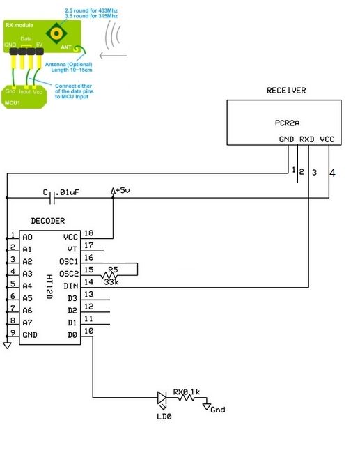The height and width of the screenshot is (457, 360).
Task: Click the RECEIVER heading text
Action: click(286, 91)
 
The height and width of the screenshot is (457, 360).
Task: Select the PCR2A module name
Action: click(287, 123)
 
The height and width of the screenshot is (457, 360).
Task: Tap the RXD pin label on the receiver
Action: click(308, 139)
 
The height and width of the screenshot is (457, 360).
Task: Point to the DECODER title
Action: click(48, 221)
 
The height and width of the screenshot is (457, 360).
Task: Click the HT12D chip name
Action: click(49, 286)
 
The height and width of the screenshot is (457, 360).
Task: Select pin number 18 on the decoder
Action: click(88, 233)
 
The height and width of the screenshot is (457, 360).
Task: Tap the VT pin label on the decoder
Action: click(72, 249)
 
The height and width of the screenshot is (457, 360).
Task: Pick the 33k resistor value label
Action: click(111, 282)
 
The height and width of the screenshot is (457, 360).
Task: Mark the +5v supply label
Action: click(121, 191)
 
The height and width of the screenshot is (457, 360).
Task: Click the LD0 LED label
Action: click(164, 416)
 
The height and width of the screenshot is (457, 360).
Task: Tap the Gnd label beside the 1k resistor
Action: click(218, 410)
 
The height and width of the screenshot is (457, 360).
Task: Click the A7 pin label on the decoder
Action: click(27, 323)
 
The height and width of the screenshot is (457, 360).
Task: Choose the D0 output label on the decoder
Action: click(72, 335)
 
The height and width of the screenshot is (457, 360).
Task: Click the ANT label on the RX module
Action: click(68, 48)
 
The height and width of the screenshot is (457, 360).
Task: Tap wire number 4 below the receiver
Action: click(332, 173)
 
